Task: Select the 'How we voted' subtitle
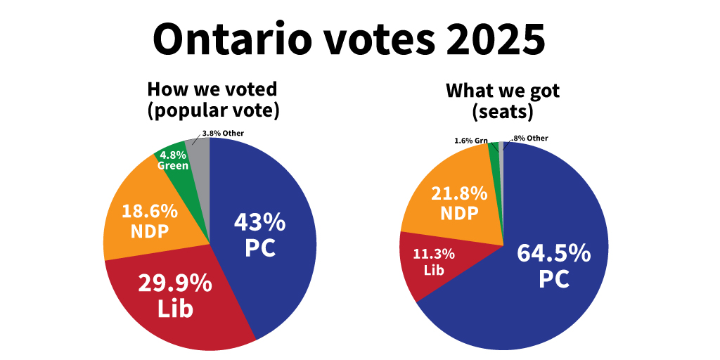212,90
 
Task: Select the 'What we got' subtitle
503,91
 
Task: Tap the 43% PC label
259,235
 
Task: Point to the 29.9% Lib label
174,295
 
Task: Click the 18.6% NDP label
149,221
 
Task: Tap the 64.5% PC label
553,265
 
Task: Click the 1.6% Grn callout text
471,141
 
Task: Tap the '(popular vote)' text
212,110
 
